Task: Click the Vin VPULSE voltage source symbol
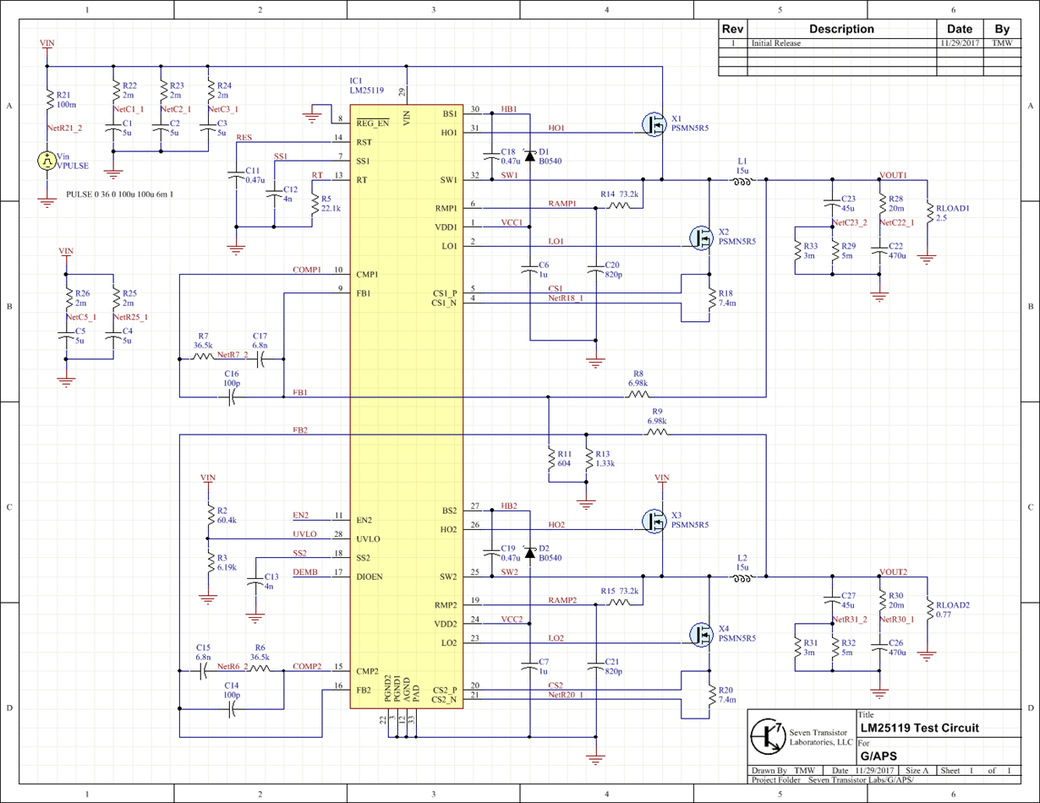click(47, 161)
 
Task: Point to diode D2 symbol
click(530, 553)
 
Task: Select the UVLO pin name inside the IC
click(368, 539)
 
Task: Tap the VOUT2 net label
click(893, 572)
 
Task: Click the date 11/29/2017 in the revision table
click(960, 43)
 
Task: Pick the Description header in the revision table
click(840, 29)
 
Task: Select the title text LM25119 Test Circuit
click(919, 728)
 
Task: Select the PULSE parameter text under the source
click(119, 194)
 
